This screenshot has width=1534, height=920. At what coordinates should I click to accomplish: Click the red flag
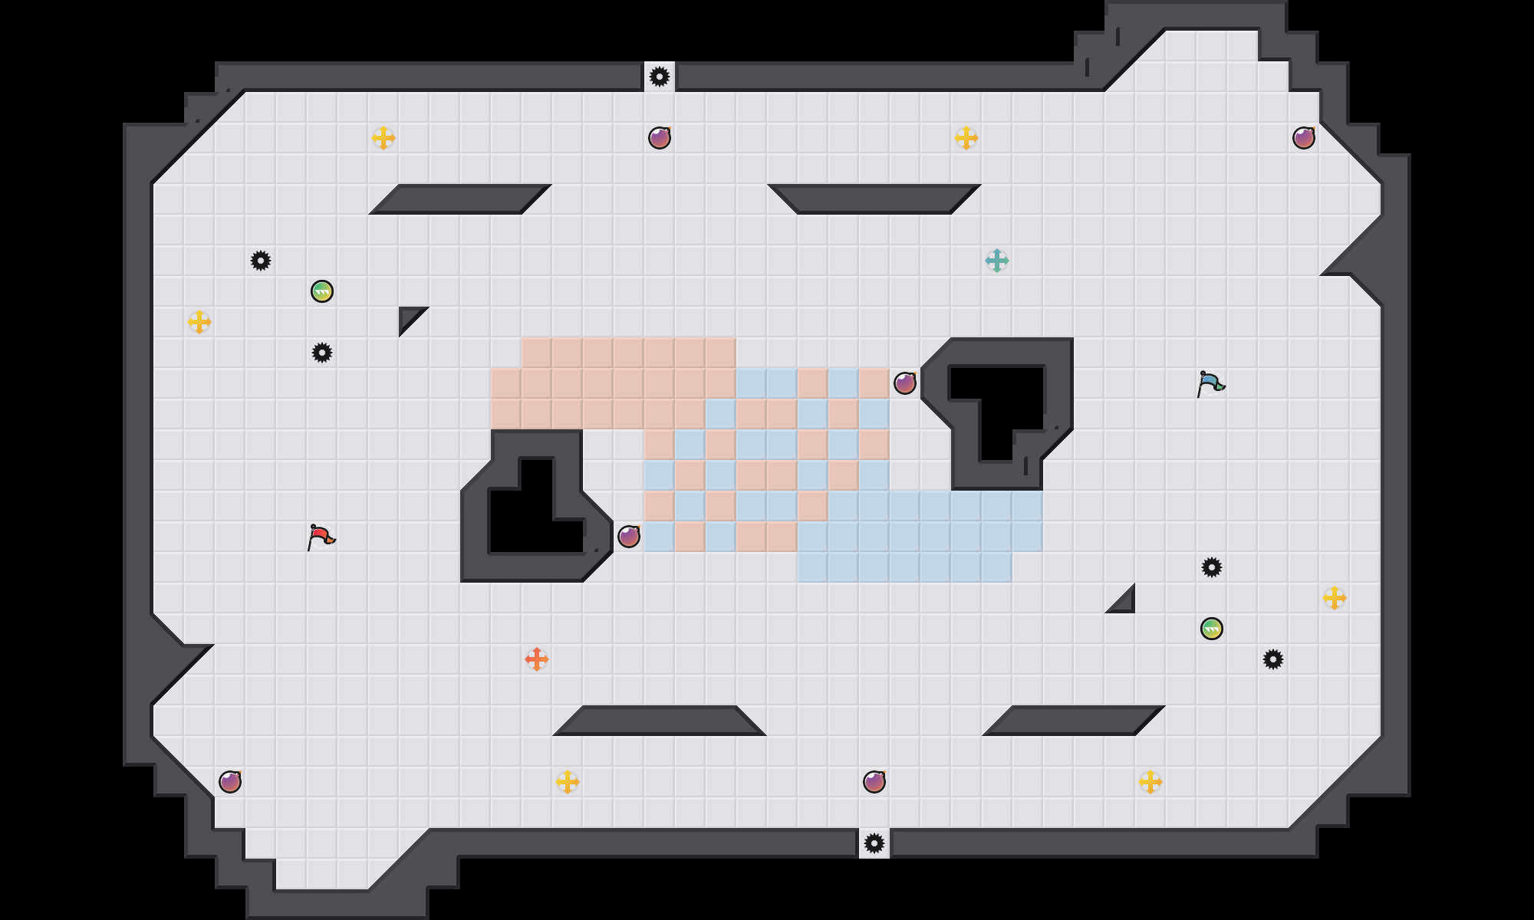(321, 536)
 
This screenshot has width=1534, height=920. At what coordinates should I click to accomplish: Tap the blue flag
(1210, 383)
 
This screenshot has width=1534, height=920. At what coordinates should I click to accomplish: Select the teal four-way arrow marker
(997, 261)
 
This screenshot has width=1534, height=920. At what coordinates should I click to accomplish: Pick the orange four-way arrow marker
(537, 659)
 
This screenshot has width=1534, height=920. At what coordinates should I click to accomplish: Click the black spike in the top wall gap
(660, 77)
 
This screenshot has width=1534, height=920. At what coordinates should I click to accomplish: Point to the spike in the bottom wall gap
(874, 843)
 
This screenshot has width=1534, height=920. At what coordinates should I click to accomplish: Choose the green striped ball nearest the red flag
(322, 291)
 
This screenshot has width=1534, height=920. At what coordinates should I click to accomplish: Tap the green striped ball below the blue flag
(1212, 629)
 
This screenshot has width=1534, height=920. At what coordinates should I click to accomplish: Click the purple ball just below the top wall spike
(660, 138)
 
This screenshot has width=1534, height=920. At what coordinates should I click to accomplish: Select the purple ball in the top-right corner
(1304, 138)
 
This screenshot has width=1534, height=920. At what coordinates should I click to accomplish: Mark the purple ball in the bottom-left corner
(230, 782)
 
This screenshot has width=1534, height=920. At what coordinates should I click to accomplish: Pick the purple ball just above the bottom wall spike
(874, 782)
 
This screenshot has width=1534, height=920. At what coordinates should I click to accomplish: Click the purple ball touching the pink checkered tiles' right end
(905, 383)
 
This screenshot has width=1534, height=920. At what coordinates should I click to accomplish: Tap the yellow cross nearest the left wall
(199, 322)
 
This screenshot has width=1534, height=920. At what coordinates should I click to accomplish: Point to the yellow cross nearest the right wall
(1335, 598)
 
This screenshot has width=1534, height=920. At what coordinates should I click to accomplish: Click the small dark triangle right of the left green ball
(409, 317)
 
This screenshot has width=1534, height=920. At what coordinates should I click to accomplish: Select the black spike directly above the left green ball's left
(261, 261)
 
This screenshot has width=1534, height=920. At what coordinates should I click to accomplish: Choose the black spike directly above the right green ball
(1212, 567)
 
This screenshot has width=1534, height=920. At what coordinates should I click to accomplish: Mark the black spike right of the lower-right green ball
(1273, 659)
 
